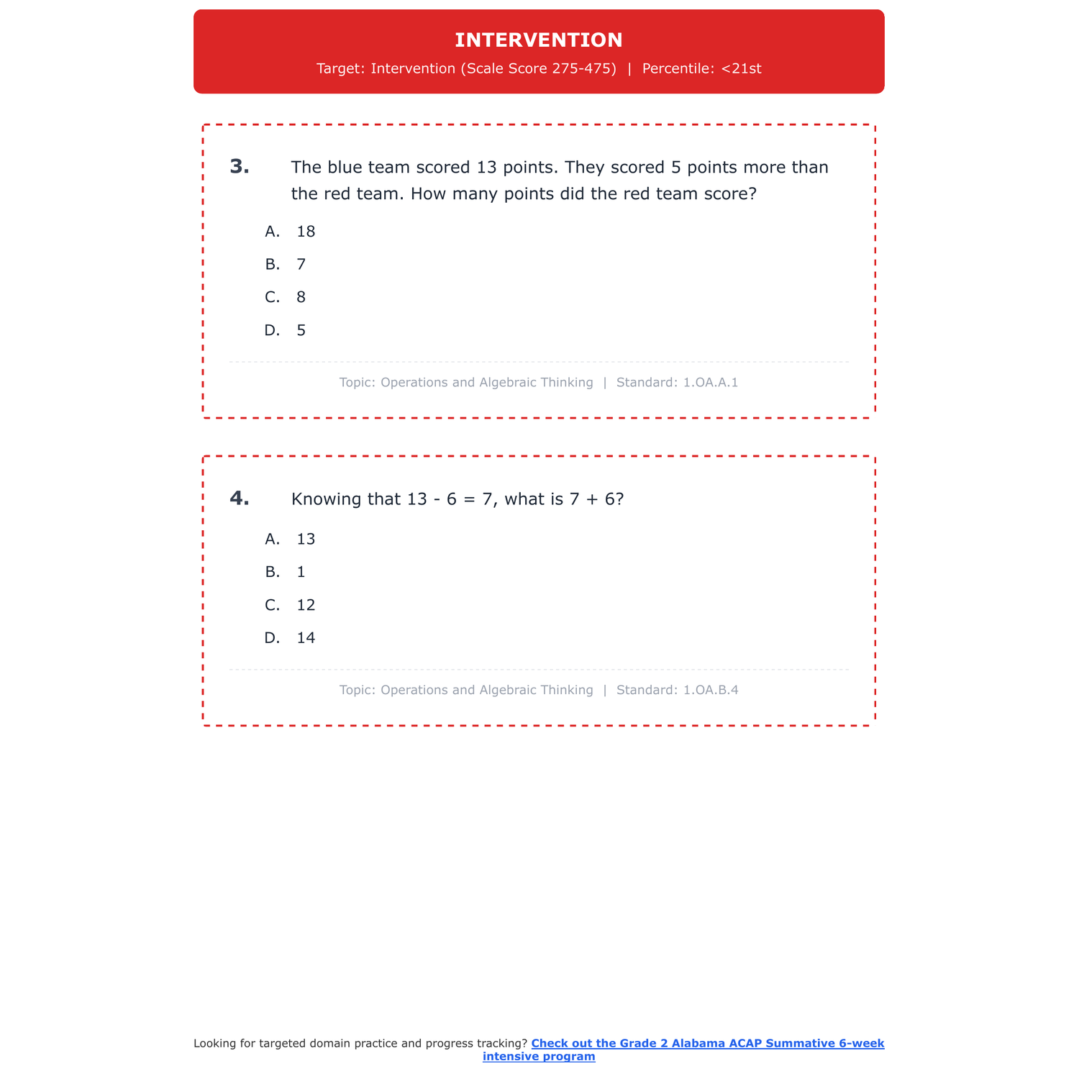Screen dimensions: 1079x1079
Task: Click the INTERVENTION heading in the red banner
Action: coord(539,40)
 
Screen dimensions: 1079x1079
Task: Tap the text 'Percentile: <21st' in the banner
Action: coord(701,69)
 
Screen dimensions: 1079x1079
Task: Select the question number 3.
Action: coord(240,167)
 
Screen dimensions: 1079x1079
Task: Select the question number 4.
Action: coord(240,498)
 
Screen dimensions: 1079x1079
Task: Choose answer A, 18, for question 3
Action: coord(291,232)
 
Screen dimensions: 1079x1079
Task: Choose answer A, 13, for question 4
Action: coord(291,539)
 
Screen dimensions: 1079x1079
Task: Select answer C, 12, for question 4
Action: coord(291,606)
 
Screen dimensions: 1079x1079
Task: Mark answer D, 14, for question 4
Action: coord(291,639)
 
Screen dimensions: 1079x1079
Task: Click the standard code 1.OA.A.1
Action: coord(710,383)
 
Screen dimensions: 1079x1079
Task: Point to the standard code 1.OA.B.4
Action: coord(710,691)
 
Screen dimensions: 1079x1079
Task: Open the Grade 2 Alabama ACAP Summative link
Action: coord(707,1044)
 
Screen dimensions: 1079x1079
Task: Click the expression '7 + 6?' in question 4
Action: coord(596,499)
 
